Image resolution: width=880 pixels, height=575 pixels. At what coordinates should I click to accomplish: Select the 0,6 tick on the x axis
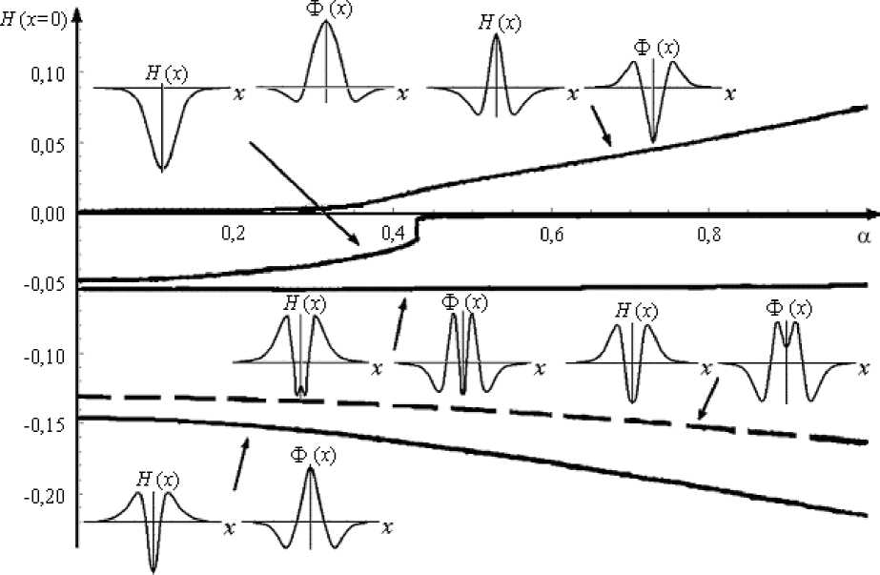pyautogui.click(x=550, y=232)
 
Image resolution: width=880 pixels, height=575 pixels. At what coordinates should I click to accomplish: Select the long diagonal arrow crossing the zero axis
pyautogui.click(x=303, y=194)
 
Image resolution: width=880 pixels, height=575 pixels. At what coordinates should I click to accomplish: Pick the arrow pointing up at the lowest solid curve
pyautogui.click(x=242, y=462)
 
